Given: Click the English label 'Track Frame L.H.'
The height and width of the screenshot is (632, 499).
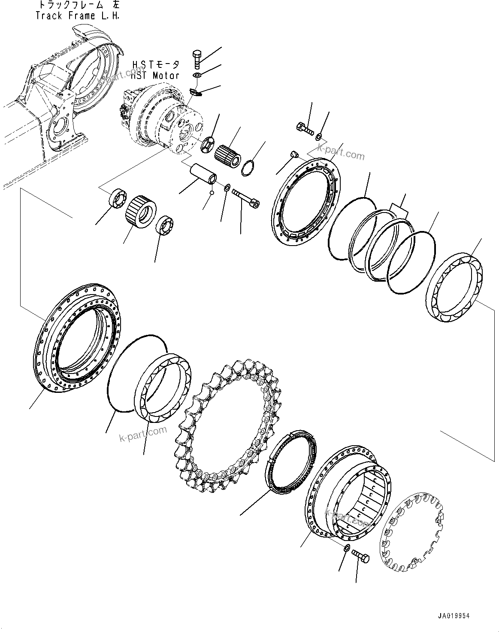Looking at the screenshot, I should coord(78,16).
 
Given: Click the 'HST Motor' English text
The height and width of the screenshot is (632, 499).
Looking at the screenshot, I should coord(155,76).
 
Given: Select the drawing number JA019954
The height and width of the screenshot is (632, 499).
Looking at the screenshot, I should coord(454,616).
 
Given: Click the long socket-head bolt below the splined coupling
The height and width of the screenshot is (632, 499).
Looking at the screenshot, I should coord(246,200).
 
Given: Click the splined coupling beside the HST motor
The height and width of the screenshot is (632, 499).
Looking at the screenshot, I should coord(228,155).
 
